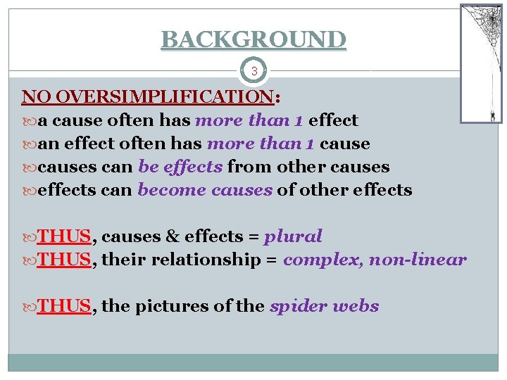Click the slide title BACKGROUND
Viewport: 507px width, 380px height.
[254, 39]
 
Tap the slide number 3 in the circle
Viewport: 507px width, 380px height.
[254, 71]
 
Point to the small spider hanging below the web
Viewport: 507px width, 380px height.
[492, 115]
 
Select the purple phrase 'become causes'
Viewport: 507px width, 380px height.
[204, 190]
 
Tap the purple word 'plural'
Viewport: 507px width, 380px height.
[293, 236]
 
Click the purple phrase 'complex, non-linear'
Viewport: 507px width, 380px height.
[375, 260]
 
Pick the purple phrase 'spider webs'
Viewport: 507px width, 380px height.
[324, 306]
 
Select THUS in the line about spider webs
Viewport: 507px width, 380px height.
[64, 306]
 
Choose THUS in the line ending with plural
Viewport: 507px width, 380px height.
[64, 236]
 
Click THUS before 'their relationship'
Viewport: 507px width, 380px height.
[64, 260]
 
